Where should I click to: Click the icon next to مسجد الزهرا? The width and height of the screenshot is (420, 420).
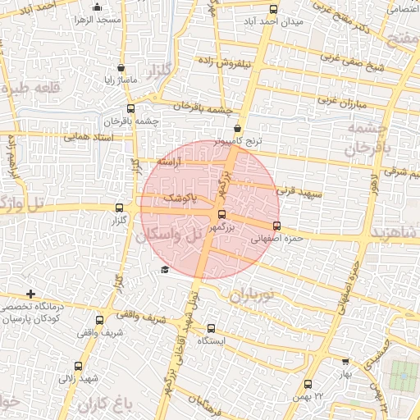pyautogui.click(x=79, y=19)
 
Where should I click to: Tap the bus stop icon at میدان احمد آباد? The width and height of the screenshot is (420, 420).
pyautogui.click(x=273, y=10)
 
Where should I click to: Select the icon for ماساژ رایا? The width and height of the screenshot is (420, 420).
pyautogui.click(x=121, y=68)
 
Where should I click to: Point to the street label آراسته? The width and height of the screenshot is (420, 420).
pyautogui.click(x=173, y=163)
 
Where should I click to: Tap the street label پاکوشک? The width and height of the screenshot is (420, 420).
pyautogui.click(x=181, y=199)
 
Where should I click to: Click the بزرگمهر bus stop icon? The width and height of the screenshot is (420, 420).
pyautogui.click(x=221, y=214)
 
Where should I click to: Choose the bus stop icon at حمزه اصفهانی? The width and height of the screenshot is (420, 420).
pyautogui.click(x=276, y=226)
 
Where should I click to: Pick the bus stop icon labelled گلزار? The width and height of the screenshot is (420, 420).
pyautogui.click(x=121, y=208)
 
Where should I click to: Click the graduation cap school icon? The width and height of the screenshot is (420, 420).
pyautogui.click(x=165, y=270)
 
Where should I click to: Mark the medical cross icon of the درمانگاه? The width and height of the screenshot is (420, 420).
pyautogui.click(x=30, y=294)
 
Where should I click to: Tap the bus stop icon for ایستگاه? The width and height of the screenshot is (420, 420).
pyautogui.click(x=211, y=327)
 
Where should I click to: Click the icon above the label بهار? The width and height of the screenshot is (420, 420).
pyautogui.click(x=345, y=361)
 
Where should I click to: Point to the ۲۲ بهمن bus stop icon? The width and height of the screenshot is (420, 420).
pyautogui.click(x=308, y=384)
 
